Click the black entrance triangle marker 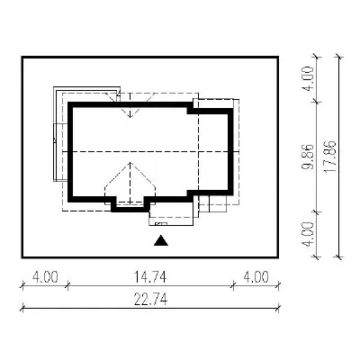point(161,240)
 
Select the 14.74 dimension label point(149,277)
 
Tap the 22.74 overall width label point(150,300)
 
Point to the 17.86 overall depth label point(329,157)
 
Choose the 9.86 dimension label point(309,157)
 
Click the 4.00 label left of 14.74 point(45,277)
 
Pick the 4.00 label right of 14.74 point(256,277)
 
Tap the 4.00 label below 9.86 point(309,235)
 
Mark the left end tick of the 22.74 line point(22,308)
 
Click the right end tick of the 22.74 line point(279,308)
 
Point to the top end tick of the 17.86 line point(339,57)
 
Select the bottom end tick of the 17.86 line point(339,257)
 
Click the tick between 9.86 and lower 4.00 point(317,211)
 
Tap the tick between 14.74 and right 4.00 point(233,285)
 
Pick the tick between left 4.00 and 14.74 point(67,285)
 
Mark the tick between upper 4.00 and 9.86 point(317,102)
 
